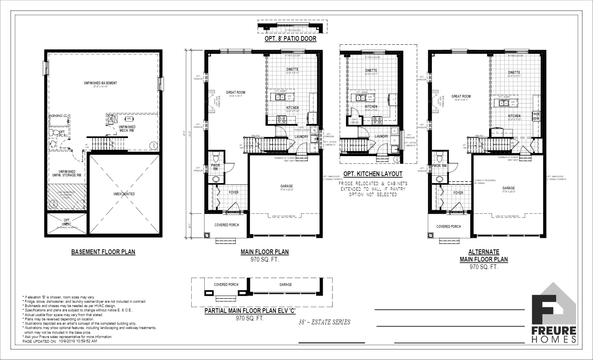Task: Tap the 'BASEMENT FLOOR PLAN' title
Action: click(x=103, y=252)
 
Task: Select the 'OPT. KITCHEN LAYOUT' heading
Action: click(x=373, y=174)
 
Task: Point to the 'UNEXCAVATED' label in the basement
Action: click(x=124, y=194)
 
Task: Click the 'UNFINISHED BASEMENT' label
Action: click(x=100, y=83)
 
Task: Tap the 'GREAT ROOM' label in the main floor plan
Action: click(x=236, y=93)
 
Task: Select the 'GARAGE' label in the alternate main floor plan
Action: click(x=509, y=188)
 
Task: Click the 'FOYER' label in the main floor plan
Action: click(x=234, y=192)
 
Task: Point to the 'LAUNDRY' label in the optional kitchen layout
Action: click(x=381, y=136)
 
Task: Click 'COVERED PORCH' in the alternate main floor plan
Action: click(x=449, y=227)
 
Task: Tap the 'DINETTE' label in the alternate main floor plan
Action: click(x=514, y=73)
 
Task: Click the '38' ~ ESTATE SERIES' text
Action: click(x=324, y=322)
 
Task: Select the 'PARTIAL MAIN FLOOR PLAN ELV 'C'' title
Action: click(x=250, y=311)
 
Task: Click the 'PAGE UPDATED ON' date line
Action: click(x=60, y=341)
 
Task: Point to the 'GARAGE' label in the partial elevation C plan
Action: click(x=286, y=285)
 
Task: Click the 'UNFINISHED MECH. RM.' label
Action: click(x=127, y=129)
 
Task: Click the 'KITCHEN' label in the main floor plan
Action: click(x=292, y=108)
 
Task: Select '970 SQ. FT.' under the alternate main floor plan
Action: click(x=484, y=267)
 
